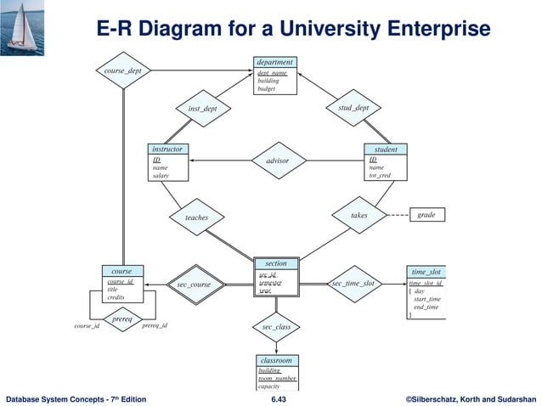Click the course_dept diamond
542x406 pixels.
coord(123,71)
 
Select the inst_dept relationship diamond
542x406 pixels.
coord(202,109)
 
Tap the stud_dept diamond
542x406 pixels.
coord(353,108)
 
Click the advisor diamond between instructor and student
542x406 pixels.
coord(277,161)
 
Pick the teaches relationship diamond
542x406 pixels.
coord(196,217)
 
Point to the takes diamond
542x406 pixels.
coord(359,216)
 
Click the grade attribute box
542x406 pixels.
coord(426,215)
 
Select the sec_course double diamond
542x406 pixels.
coord(194,285)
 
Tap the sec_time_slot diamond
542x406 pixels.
coord(353,283)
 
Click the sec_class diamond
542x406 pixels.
coord(276,327)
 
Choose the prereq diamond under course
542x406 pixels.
coord(122,319)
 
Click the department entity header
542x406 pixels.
coord(275,62)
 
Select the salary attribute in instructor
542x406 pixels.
coord(161,176)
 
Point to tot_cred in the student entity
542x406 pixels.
coord(381,176)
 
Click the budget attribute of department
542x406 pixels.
coord(266,88)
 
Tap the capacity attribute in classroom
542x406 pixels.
coord(268,386)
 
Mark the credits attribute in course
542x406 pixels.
coord(116,297)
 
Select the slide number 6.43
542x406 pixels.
coord(279,398)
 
